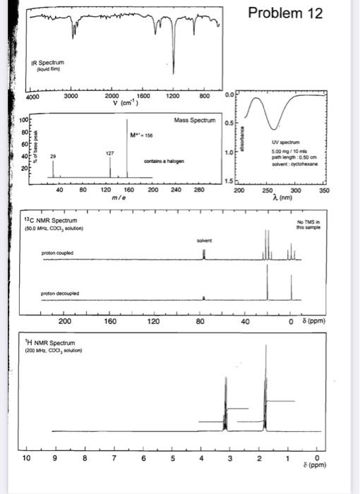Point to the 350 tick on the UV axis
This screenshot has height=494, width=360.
point(324,190)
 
